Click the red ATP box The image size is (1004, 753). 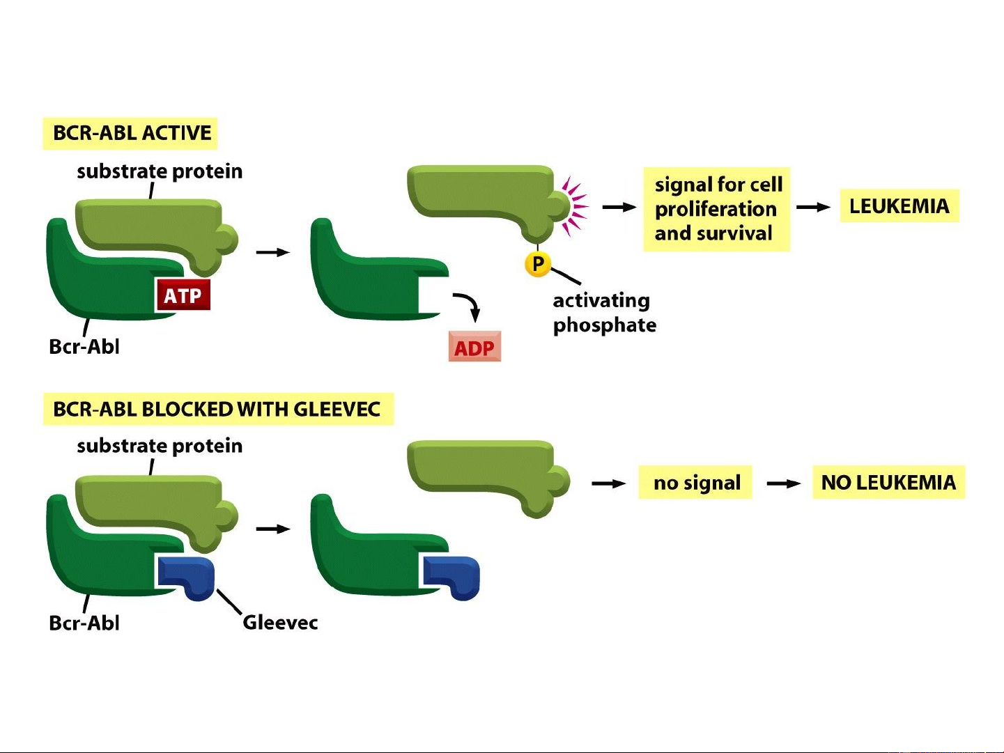pos(182,295)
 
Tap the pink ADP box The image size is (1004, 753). pos(474,347)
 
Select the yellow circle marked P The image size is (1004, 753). pos(538,264)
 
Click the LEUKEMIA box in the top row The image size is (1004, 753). pos(899,206)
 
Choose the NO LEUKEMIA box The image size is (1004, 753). pos(888,482)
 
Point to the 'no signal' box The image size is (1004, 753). pos(696,482)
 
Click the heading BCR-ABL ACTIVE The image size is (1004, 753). pos(131,133)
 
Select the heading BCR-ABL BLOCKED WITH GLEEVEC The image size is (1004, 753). pos(217,409)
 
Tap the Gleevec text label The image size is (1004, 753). pos(280,622)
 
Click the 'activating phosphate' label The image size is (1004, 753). pos(603,313)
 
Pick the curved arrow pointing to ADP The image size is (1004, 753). pos(468,305)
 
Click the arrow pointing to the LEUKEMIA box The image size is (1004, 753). pos(813,207)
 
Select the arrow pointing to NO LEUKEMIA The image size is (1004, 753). pos(784,483)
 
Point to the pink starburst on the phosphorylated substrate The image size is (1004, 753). pos(575,205)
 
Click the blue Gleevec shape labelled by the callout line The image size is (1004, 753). pos(187,577)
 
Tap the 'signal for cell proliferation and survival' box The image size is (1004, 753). pos(716,209)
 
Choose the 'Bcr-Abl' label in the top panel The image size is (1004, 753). pos(84,346)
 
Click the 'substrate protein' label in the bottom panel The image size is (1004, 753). pos(160,446)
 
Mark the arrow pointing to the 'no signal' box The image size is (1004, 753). pos(608,483)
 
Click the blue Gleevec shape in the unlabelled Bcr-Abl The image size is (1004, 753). pos(453,577)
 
